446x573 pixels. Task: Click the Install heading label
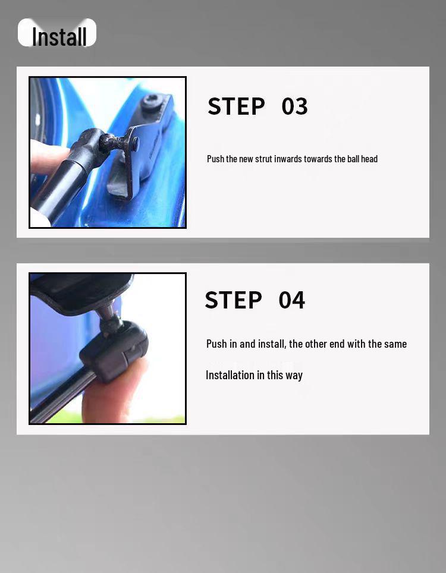[59, 36]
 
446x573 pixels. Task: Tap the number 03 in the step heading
[294, 106]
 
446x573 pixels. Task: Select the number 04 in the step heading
[291, 300]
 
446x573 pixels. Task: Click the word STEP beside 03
[236, 106]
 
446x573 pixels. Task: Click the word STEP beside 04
[233, 300]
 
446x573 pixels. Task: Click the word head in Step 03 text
[369, 159]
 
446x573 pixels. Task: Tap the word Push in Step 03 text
[215, 159]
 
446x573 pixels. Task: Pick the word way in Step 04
[294, 376]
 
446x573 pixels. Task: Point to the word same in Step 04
[397, 344]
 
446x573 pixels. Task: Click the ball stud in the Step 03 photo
[118, 142]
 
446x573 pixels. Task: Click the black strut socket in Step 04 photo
[114, 350]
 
